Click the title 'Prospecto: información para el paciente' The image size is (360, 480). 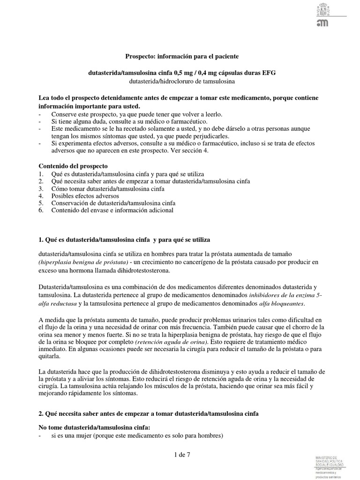coord(182,56)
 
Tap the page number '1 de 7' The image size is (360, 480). coord(180,454)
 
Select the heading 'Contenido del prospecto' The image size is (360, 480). coord(73,166)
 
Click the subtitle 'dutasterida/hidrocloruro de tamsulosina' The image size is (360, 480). coord(182,81)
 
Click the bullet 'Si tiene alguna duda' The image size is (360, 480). coord(123,121)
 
